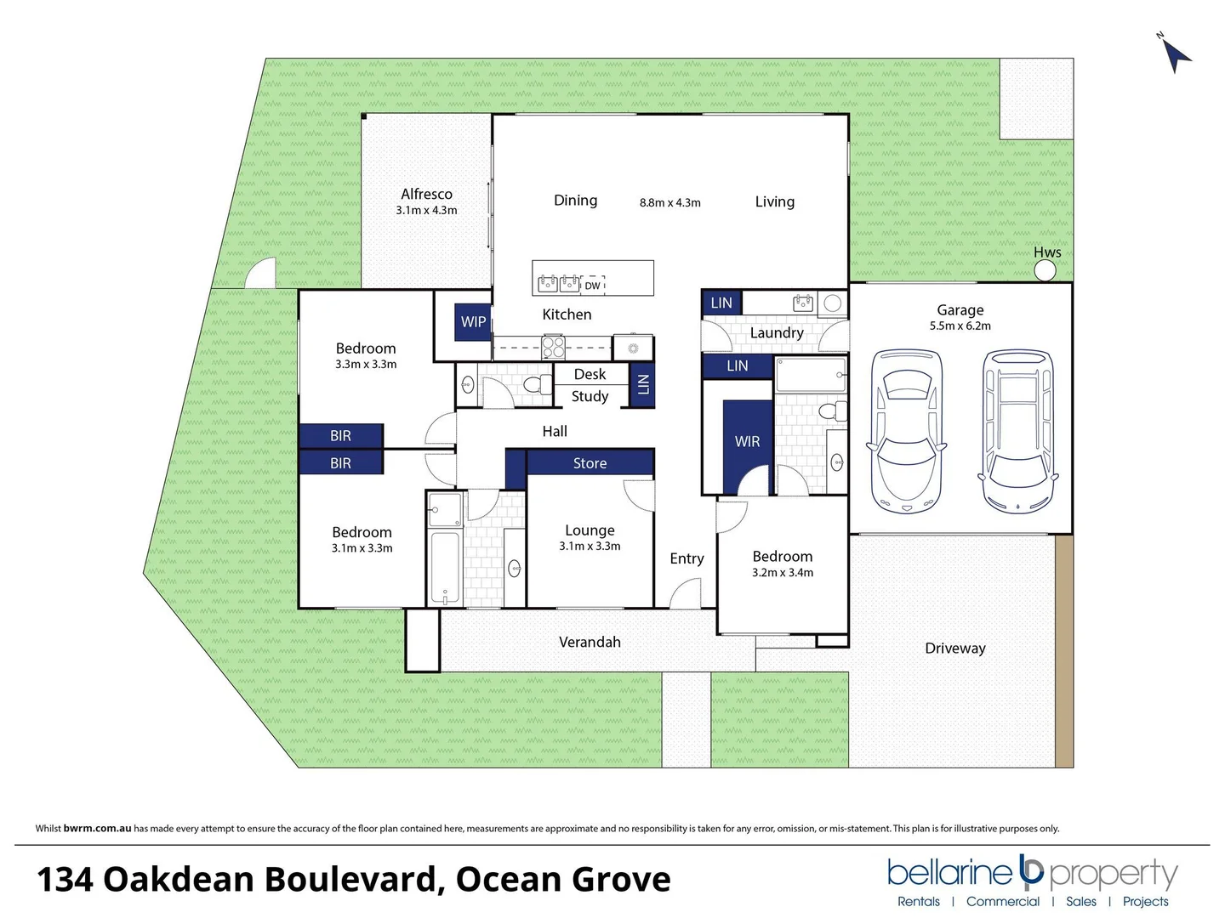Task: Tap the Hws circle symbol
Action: [1045, 270]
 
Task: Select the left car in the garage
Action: [907, 432]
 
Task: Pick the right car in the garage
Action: [1018, 432]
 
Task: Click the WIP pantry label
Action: [473, 322]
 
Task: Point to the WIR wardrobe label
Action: [747, 441]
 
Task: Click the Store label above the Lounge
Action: [590, 463]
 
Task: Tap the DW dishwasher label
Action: [592, 286]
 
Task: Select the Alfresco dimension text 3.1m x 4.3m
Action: [426, 210]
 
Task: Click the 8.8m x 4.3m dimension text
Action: [670, 202]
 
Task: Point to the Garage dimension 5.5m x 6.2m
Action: [960, 326]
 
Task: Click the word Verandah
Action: [590, 643]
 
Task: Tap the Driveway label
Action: [955, 648]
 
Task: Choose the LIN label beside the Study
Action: [643, 384]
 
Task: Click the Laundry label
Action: [776, 332]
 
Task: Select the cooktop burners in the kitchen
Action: [554, 347]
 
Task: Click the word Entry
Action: [687, 558]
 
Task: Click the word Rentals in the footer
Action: [919, 902]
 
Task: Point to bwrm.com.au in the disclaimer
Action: [97, 828]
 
